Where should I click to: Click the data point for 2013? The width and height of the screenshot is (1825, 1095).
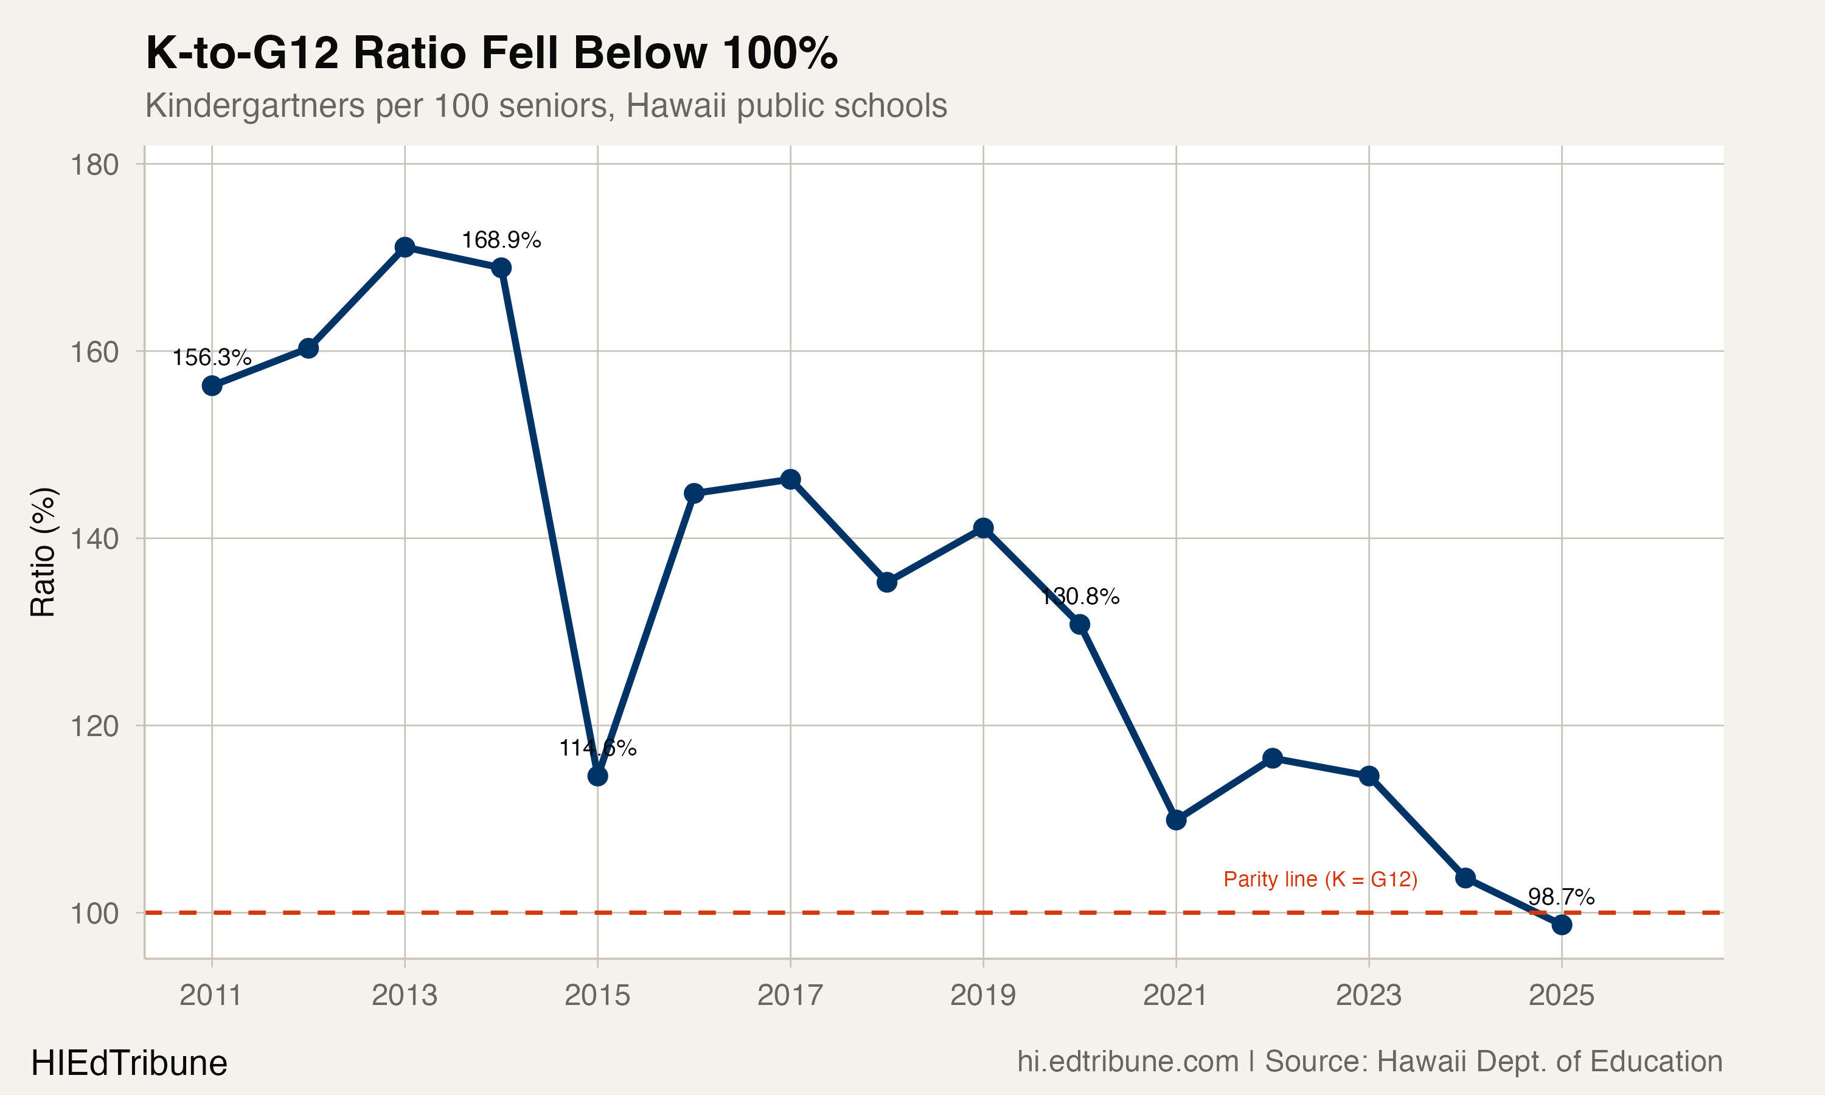405,247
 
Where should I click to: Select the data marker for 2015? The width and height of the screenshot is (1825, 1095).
597,776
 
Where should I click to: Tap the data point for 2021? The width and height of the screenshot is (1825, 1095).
1176,820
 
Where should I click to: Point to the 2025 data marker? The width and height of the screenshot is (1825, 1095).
1562,925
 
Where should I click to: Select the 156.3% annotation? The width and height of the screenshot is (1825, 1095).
212,358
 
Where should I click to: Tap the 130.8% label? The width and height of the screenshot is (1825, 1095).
1080,596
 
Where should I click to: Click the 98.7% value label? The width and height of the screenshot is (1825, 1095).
1561,897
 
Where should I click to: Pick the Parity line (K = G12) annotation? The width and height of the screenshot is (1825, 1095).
1321,880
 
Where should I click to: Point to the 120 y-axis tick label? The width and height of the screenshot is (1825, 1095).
94,727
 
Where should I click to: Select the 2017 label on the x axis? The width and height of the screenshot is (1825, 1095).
790,995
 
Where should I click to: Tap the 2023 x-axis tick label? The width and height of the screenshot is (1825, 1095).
1368,995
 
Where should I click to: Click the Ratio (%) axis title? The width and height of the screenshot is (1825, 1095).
43,552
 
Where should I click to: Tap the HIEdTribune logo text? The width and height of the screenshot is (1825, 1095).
129,1063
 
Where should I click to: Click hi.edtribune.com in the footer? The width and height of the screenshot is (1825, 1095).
1128,1062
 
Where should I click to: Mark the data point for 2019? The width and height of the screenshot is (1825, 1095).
983,527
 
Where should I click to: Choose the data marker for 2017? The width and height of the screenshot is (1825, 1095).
790,479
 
